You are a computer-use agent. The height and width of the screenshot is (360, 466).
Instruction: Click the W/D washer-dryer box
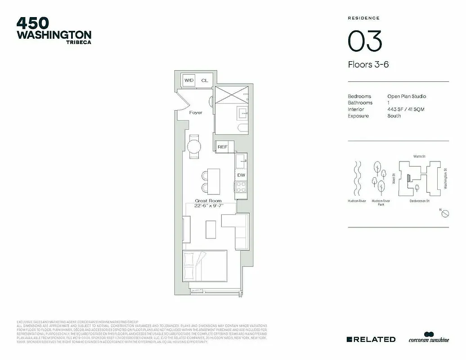tap(189, 80)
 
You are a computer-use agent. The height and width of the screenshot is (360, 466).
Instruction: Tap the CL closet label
tap(205, 81)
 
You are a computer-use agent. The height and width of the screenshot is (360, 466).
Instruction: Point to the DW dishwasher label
tap(241, 175)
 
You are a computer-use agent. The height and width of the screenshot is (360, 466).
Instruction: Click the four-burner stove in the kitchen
tap(241, 186)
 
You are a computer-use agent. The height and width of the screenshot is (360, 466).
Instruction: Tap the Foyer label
tap(196, 112)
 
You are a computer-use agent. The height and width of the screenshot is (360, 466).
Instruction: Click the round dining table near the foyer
tap(194, 147)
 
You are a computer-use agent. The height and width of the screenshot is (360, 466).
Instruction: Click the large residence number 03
tap(365, 41)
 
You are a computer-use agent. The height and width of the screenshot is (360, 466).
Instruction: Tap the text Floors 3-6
tap(368, 64)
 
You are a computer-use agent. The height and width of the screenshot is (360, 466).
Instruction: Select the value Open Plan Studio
tap(406, 96)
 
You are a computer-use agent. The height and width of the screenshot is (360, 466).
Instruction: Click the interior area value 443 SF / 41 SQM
tap(405, 109)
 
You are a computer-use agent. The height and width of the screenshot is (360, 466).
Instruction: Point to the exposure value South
tap(394, 116)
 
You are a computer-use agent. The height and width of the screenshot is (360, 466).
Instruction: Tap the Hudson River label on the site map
tap(357, 201)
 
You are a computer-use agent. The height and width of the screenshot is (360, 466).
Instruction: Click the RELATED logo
tap(371, 339)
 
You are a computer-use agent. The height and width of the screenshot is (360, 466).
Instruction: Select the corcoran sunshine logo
tap(428, 338)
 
